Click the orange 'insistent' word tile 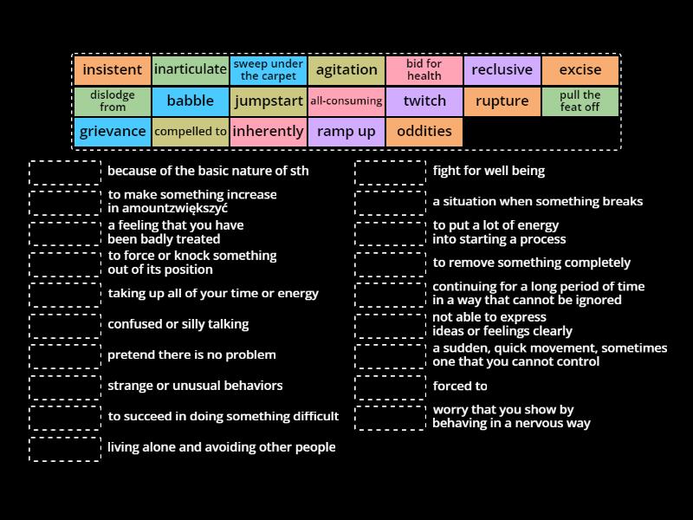pos(113,70)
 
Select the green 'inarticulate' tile pos(191,70)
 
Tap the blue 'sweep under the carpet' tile pos(269,70)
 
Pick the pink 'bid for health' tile pos(424,70)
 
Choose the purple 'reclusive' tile pos(502,70)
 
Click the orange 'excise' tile pos(580,70)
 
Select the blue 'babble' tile pos(191,101)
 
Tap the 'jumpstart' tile pos(269,101)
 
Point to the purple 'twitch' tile pos(424,101)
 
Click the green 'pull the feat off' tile pos(580,101)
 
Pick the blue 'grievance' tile pos(113,132)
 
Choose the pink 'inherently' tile pos(269,132)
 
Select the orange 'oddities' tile pos(424,132)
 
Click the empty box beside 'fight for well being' pos(390,172)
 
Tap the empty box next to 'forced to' pos(390,387)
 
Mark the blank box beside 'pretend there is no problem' pos(65,355)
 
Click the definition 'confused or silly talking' pos(178,324)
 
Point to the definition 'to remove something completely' pos(531,263)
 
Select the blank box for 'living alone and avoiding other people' pos(65,448)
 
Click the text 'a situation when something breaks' pos(537,202)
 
